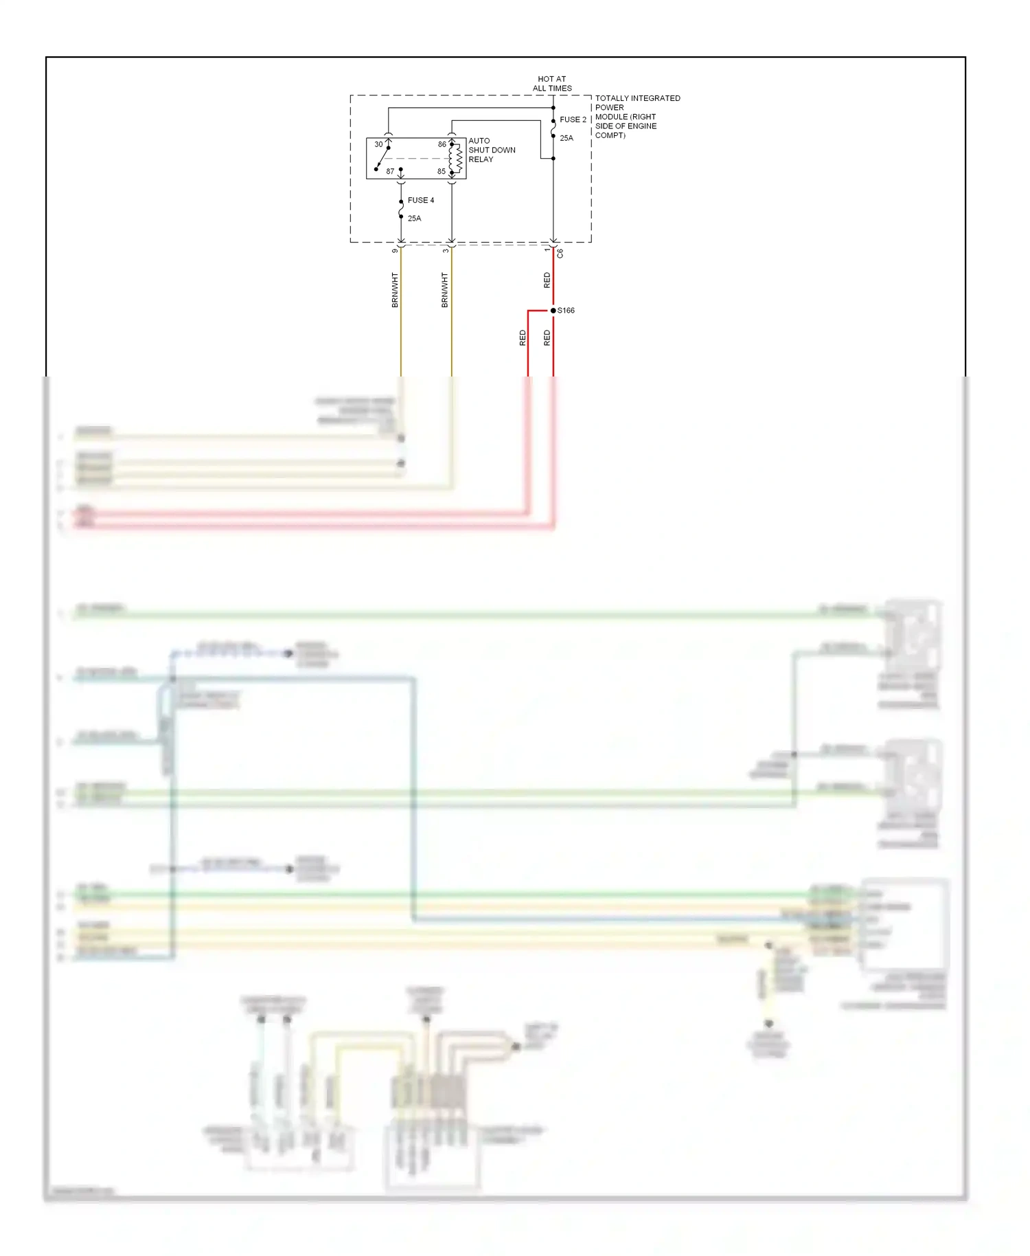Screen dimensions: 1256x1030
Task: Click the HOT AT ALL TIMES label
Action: tap(552, 84)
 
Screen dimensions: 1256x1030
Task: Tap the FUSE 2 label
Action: tap(573, 120)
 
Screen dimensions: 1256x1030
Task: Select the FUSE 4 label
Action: tap(421, 201)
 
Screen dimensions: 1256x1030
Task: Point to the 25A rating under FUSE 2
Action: tap(566, 138)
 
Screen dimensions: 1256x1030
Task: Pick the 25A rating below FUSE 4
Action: tap(414, 218)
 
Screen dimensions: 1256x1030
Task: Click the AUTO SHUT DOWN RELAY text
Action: tap(492, 150)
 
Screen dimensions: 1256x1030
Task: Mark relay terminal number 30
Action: tap(378, 144)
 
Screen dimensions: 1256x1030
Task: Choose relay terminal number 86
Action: tap(442, 144)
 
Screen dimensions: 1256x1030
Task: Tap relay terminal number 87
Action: tap(390, 172)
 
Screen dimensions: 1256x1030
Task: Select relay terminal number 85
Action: tap(442, 172)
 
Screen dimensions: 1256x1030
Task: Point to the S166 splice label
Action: tap(566, 311)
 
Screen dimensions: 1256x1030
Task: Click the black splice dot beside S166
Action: tap(553, 311)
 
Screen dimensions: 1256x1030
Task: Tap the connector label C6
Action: tap(560, 253)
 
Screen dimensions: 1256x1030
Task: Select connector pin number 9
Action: tap(395, 251)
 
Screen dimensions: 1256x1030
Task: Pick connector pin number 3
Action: tap(446, 251)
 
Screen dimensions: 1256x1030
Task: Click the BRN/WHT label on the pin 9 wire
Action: tap(395, 290)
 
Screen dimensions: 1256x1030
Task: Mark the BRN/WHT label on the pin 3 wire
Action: tap(445, 290)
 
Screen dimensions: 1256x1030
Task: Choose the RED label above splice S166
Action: tap(547, 280)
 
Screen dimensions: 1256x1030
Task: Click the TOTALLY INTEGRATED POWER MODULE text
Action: tap(637, 117)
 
